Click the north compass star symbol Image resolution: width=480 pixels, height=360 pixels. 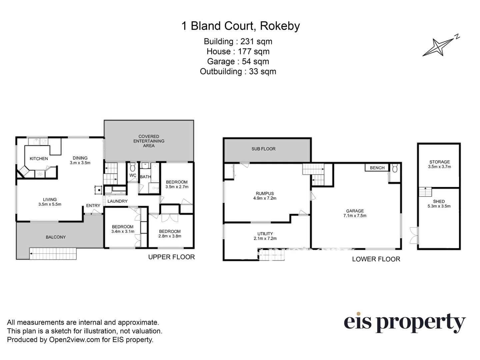[438, 47]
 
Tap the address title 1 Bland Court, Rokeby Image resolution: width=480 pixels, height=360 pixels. [240, 26]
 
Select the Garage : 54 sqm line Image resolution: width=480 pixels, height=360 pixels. [238, 61]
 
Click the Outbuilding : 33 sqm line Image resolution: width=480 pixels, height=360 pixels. [238, 71]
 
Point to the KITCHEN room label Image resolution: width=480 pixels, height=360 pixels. [39, 159]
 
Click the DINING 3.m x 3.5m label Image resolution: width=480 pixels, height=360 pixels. [80, 160]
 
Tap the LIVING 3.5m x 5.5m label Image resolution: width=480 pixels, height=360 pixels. [50, 202]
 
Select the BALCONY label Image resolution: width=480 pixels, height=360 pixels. [56, 237]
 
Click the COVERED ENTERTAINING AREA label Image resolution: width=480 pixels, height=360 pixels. [149, 141]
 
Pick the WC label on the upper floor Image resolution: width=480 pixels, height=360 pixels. [133, 175]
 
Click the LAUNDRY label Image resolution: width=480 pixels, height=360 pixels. [117, 201]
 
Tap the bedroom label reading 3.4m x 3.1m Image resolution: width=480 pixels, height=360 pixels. [123, 229]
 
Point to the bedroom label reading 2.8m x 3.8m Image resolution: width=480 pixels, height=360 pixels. [170, 234]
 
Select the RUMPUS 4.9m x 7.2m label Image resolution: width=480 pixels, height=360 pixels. [265, 196]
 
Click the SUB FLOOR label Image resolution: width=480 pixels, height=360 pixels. [263, 149]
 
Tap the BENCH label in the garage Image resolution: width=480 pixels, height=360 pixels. [377, 168]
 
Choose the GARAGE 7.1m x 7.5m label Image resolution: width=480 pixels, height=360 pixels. [355, 213]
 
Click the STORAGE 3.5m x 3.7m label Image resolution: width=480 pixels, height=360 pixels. [439, 164]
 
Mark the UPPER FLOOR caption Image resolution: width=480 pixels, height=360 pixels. [171, 257]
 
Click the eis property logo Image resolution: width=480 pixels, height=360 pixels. [404, 323]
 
